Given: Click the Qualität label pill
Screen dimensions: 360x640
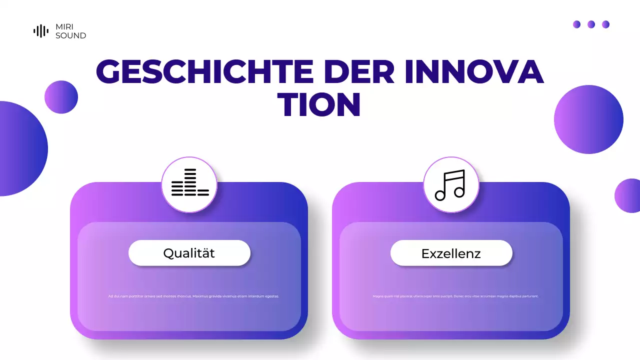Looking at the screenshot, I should click(189, 253).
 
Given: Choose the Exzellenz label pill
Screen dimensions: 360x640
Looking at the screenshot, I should click(451, 253).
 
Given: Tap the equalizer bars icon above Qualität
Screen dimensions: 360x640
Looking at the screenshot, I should click(189, 183).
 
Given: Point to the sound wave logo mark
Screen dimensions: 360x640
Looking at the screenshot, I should click(41, 31).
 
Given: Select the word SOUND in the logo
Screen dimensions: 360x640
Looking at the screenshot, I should click(70, 35).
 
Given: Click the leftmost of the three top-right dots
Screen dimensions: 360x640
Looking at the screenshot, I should click(576, 24).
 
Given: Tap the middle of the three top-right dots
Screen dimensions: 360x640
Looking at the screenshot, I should click(591, 24).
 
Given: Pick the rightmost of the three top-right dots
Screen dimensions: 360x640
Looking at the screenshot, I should click(605, 24).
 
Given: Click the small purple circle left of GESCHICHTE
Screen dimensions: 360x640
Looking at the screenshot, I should click(61, 97).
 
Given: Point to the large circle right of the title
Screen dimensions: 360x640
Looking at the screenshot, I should click(588, 119).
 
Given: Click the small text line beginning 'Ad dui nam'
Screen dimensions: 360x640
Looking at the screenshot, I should click(193, 296).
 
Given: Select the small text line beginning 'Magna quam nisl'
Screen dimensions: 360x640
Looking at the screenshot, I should click(455, 296).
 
